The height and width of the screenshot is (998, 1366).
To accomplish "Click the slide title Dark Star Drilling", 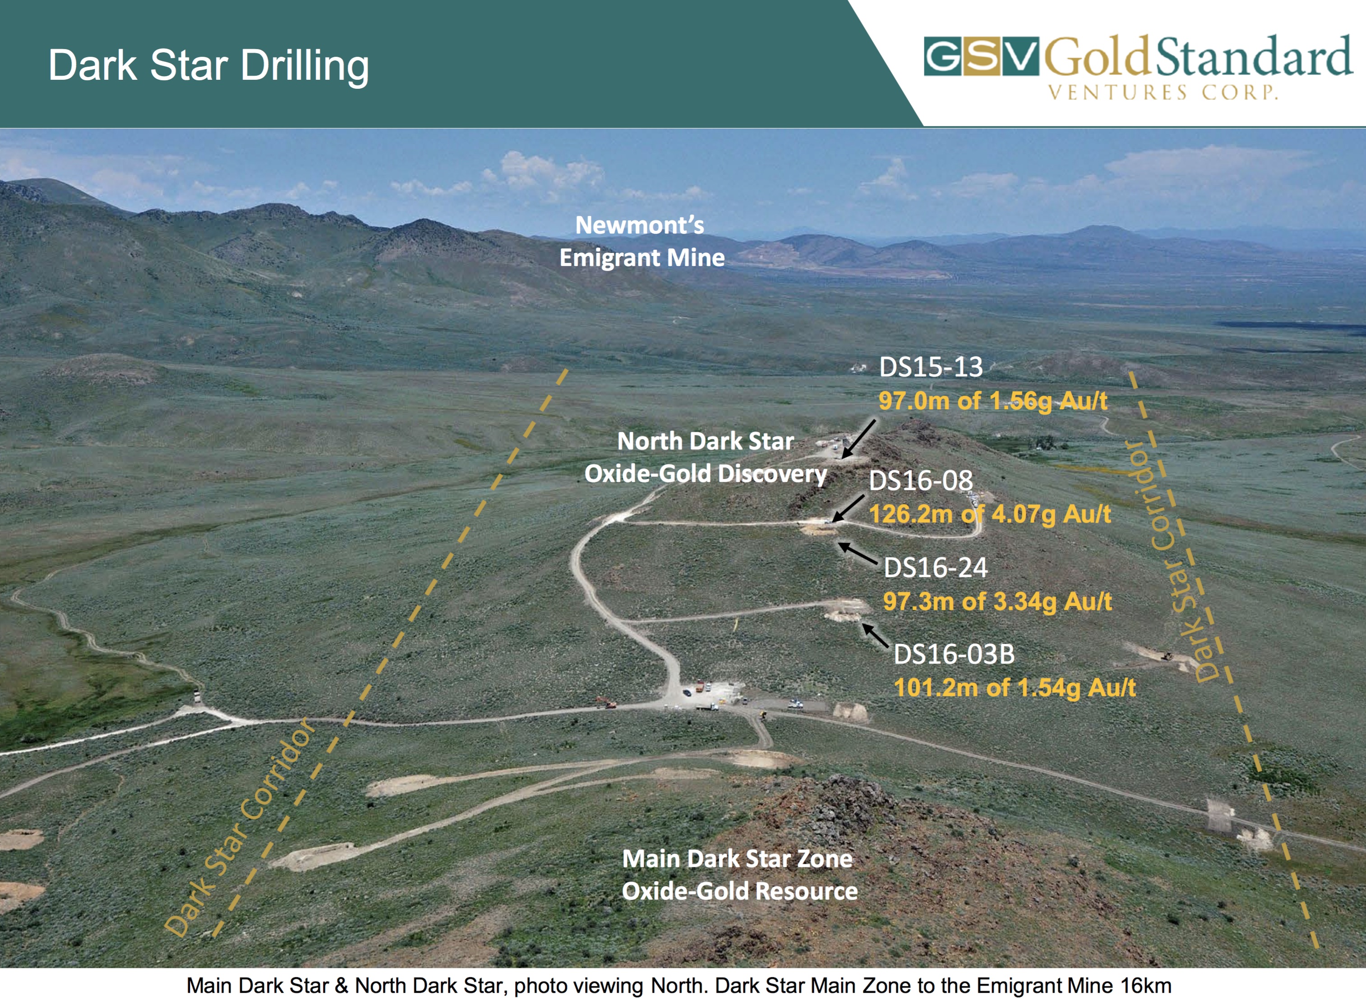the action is click(208, 66).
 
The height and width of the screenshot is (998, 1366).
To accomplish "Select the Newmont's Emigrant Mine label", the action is click(642, 242).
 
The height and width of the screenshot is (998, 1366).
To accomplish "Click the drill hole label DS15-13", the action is click(931, 366).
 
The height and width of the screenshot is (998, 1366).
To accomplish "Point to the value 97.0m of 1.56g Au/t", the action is click(993, 401).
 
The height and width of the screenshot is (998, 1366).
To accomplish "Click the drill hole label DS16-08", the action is click(921, 481).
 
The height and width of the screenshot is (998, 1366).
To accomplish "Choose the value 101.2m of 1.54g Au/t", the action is click(1015, 688).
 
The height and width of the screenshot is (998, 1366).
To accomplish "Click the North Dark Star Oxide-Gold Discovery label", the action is click(706, 458).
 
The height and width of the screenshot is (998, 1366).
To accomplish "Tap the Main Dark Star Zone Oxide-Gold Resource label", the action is click(740, 875).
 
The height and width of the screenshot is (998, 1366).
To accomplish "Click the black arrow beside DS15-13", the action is click(858, 439).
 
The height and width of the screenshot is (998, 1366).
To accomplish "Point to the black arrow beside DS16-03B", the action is click(875, 636).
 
